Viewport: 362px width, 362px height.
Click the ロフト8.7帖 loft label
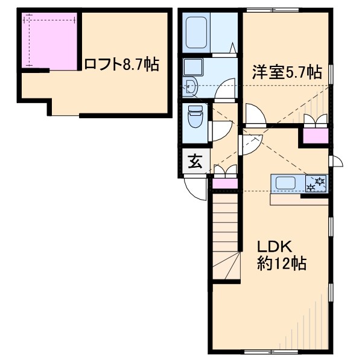[121, 64]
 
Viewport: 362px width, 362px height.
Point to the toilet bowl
[195, 118]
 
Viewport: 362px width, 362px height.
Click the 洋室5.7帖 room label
[287, 72]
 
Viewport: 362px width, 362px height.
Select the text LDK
[275, 247]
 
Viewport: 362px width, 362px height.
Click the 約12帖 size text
[282, 264]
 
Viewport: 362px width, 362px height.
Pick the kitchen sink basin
[286, 183]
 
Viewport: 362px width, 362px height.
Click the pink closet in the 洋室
[315, 136]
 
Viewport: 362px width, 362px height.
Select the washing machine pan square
[193, 67]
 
